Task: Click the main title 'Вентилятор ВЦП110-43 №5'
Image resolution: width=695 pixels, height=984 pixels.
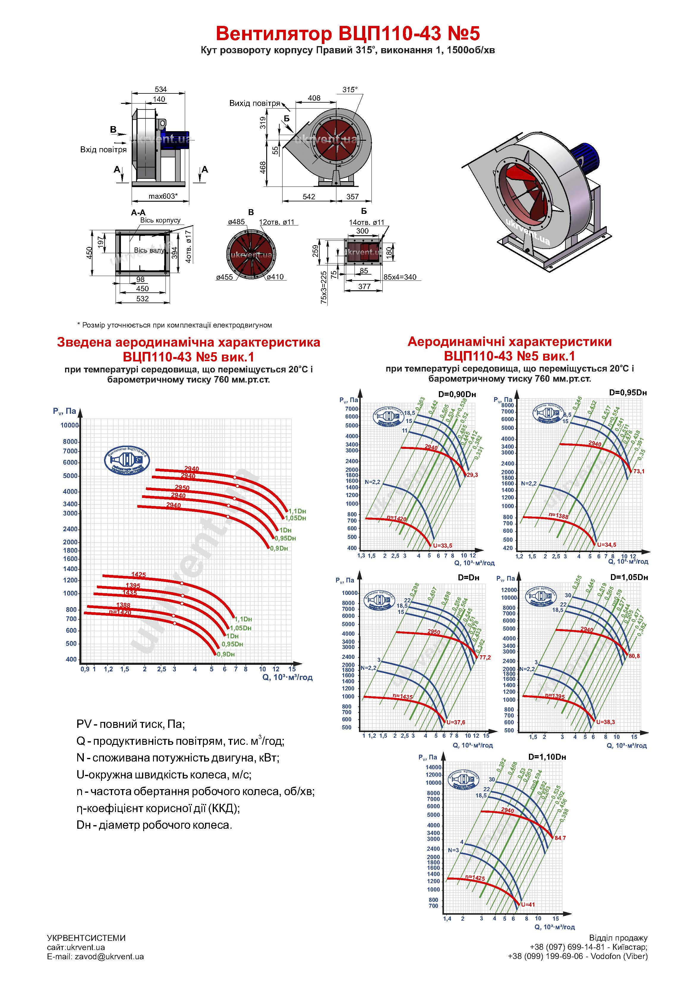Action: pyautogui.click(x=347, y=33)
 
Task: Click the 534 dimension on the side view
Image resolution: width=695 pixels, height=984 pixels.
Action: pyautogui.click(x=160, y=89)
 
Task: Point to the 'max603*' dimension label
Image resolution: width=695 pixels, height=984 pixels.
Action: pyautogui.click(x=163, y=197)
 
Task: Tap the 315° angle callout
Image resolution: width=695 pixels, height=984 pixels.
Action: pyautogui.click(x=350, y=90)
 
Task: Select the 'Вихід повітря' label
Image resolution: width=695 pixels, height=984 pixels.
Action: pyautogui.click(x=254, y=103)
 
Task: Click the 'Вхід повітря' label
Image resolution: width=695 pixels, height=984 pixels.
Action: pyautogui.click(x=103, y=150)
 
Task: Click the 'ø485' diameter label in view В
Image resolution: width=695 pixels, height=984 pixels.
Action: pyautogui.click(x=237, y=222)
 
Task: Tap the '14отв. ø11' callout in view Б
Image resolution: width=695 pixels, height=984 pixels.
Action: pyautogui.click(x=367, y=223)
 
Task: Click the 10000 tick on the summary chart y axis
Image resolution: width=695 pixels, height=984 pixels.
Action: pyautogui.click(x=69, y=425)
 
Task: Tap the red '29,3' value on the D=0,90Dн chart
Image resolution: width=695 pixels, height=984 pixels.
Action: pyautogui.click(x=473, y=475)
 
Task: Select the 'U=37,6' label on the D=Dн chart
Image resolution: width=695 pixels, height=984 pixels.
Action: pyautogui.click(x=456, y=722)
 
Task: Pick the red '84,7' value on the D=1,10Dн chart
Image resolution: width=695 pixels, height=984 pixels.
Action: pyautogui.click(x=560, y=838)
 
